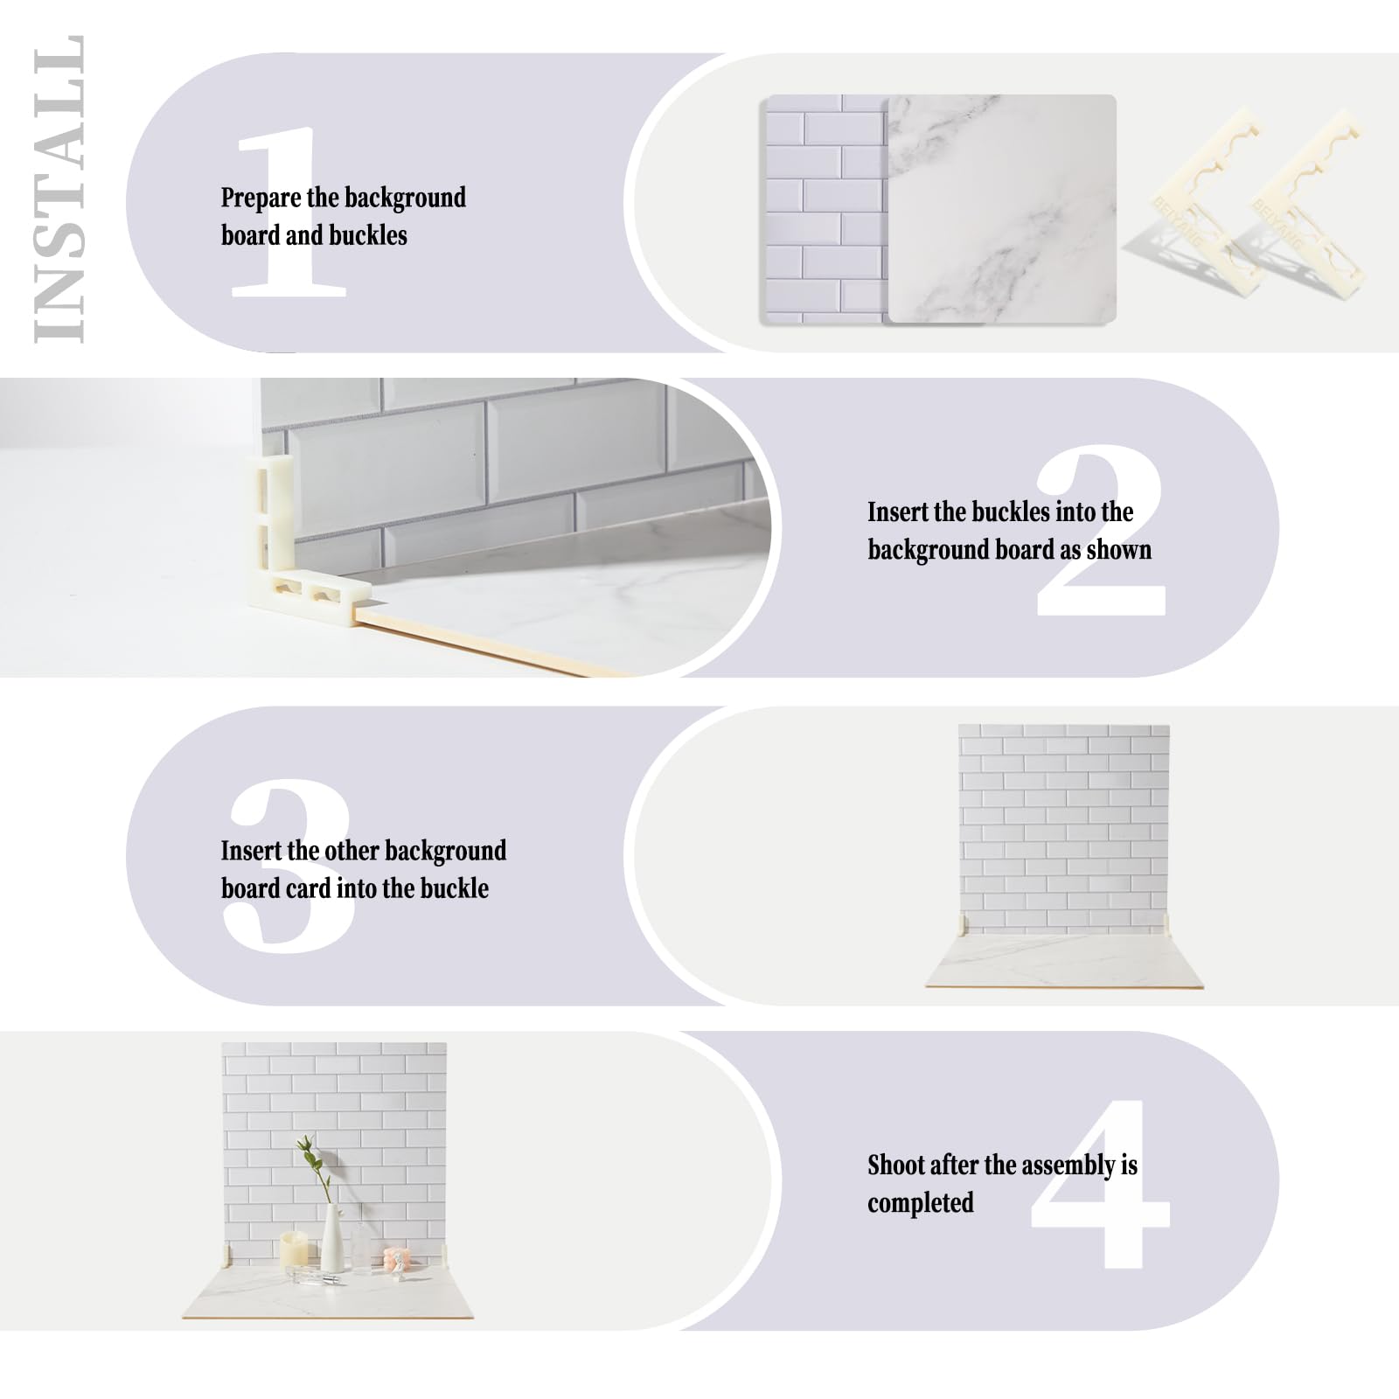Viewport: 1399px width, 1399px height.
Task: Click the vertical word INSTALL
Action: click(59, 189)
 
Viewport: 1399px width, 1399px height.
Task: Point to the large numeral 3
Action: click(289, 866)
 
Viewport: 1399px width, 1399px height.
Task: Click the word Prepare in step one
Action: click(254, 198)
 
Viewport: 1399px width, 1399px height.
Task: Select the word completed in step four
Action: click(920, 1203)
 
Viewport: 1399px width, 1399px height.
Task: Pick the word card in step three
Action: click(310, 889)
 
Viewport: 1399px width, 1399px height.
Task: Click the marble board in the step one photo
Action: click(1002, 210)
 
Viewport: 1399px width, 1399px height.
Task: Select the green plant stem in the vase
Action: click(315, 1167)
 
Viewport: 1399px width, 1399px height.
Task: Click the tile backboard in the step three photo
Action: click(1064, 826)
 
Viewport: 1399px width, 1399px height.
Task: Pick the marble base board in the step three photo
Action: click(1064, 962)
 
